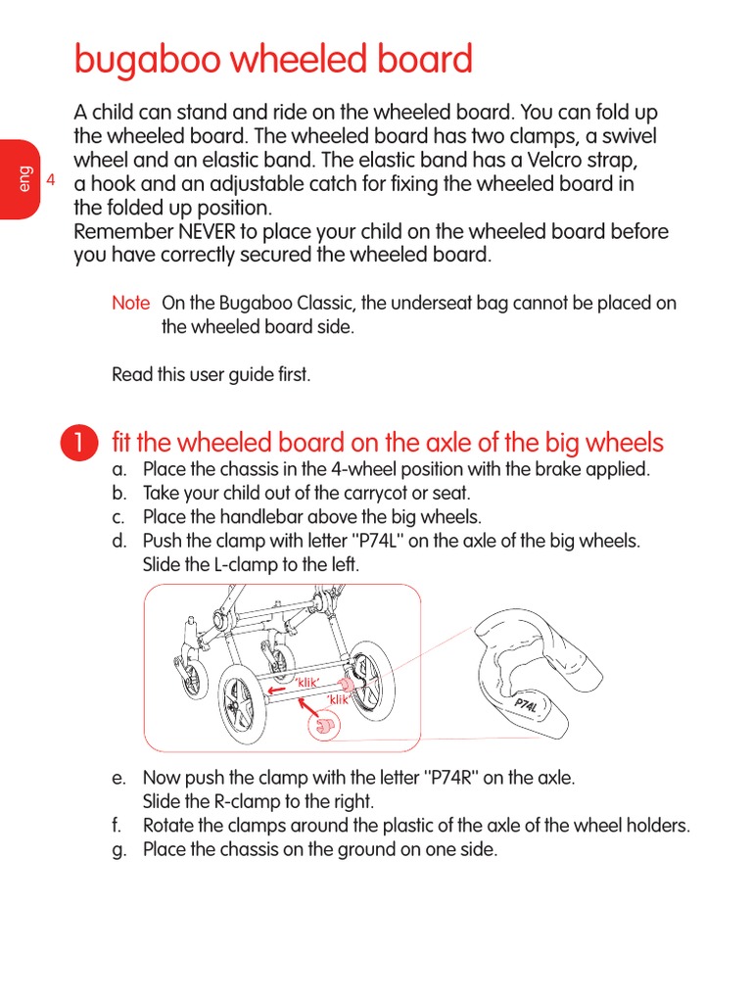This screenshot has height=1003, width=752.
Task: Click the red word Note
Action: click(130, 304)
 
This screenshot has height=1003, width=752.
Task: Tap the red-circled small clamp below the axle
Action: click(323, 727)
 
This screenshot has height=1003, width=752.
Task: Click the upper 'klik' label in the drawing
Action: click(308, 682)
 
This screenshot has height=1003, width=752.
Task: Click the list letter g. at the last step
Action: click(119, 850)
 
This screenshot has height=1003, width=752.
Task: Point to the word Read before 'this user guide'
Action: click(132, 374)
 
